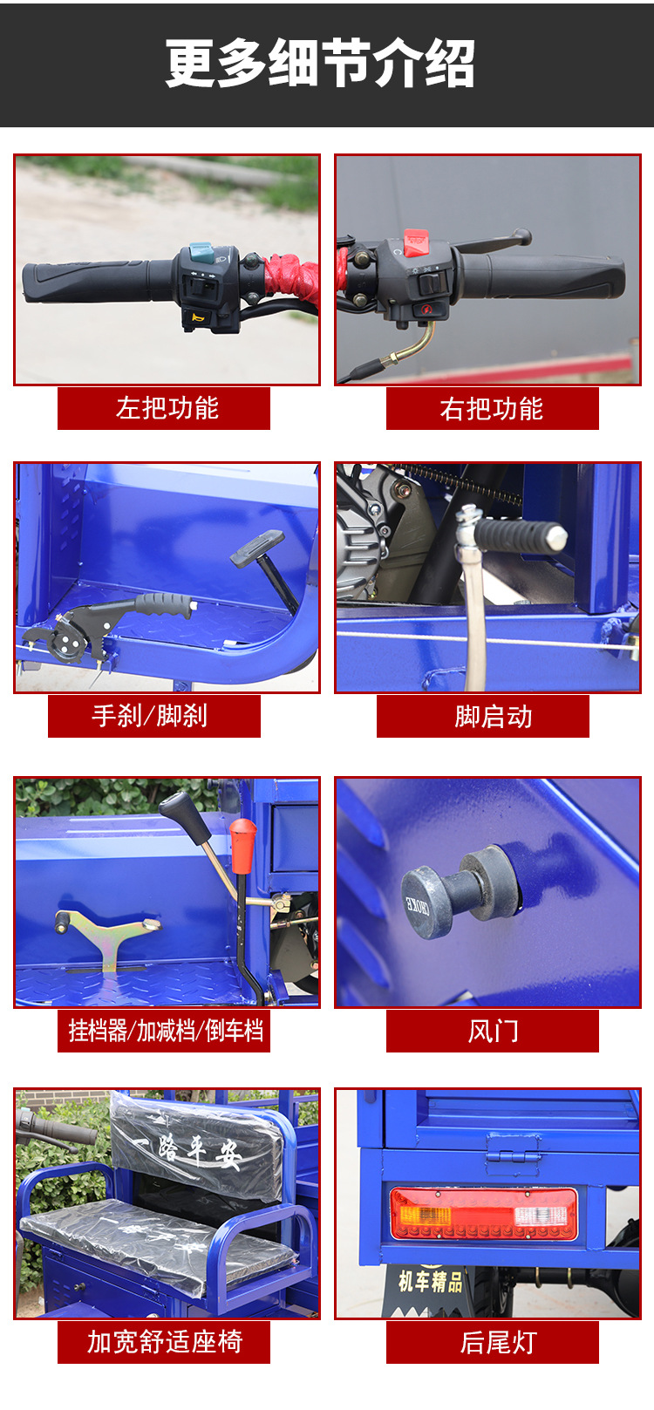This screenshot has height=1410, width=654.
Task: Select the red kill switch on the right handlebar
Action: pyautogui.click(x=415, y=243)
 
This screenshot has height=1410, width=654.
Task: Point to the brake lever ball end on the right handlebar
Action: pyautogui.click(x=522, y=236)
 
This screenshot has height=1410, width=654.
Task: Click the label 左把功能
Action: pyautogui.click(x=167, y=408)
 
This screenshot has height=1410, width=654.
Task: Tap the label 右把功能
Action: pyautogui.click(x=492, y=408)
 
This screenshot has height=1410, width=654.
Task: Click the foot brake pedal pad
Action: pyautogui.click(x=257, y=548)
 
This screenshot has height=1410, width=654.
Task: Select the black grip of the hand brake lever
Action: pyautogui.click(x=164, y=605)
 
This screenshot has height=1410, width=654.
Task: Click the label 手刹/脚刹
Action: pyautogui.click(x=150, y=716)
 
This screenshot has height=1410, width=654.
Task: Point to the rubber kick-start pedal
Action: pyautogui.click(x=520, y=536)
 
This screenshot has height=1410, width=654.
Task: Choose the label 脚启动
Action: pyautogui.click(x=494, y=716)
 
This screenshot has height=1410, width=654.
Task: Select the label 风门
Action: pyautogui.click(x=493, y=1031)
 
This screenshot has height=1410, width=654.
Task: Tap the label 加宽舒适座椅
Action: pyautogui.click(x=164, y=1341)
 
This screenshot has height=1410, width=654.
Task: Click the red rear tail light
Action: pyautogui.click(x=483, y=1215)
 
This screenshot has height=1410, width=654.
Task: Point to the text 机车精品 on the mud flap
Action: pyautogui.click(x=431, y=1280)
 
